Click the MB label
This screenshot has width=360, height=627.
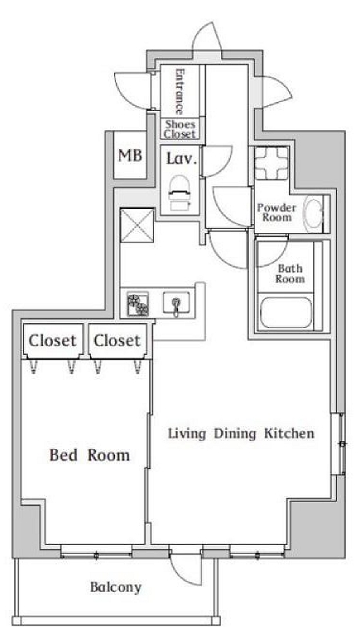130,155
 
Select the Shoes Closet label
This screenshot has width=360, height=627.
180,129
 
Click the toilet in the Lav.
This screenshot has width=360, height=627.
179,192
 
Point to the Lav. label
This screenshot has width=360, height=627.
182,159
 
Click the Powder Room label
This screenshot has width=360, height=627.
277,213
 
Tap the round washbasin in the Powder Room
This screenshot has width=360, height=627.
313,213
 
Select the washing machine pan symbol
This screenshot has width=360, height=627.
271,164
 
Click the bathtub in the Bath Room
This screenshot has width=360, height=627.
286,313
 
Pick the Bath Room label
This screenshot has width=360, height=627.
290,274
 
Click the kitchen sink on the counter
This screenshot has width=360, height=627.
176,304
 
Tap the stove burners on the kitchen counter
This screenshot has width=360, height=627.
138,305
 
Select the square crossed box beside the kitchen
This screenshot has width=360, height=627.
137,225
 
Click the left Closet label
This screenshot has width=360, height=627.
53,341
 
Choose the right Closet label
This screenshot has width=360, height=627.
117,341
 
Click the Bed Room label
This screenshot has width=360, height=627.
89,455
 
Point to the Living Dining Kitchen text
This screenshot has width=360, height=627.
241,433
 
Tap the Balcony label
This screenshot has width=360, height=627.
116,587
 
